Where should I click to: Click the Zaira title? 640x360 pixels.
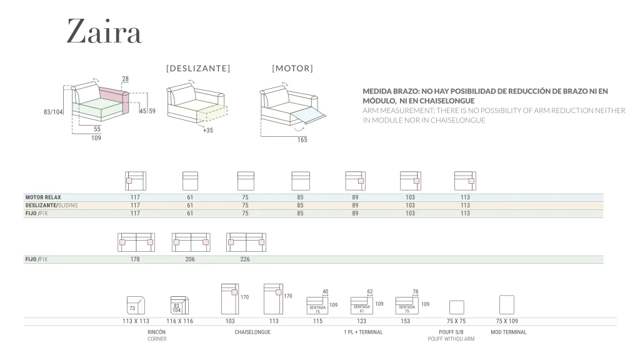pyautogui.click(x=104, y=31)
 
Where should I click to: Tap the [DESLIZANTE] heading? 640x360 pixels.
pyautogui.click(x=198, y=68)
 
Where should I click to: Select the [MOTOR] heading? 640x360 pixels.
pyautogui.click(x=292, y=68)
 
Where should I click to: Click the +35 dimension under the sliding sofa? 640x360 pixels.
pyautogui.click(x=208, y=131)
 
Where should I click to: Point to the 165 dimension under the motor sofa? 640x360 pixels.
pyautogui.click(x=302, y=139)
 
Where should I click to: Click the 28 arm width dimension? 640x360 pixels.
pyautogui.click(x=126, y=79)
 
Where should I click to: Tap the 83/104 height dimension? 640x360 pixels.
pyautogui.click(x=54, y=112)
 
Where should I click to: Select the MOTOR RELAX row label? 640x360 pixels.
pyautogui.click(x=43, y=197)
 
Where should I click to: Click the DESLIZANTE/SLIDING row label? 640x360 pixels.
pyautogui.click(x=51, y=205)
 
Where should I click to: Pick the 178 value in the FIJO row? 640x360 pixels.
pyautogui.click(x=135, y=259)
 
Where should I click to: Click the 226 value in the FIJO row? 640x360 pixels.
pyautogui.click(x=245, y=259)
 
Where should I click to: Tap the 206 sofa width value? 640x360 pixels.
pyautogui.click(x=190, y=259)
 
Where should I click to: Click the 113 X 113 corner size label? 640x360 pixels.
pyautogui.click(x=136, y=321)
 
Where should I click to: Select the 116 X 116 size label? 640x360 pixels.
pyautogui.click(x=179, y=321)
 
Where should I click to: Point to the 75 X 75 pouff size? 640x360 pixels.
pyautogui.click(x=456, y=321)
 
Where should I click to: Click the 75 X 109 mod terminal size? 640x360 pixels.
pyautogui.click(x=507, y=321)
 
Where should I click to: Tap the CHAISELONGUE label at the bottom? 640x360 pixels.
pyautogui.click(x=252, y=332)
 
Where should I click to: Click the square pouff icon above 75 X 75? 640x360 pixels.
pyautogui.click(x=457, y=307)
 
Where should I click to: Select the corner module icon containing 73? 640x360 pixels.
pyautogui.click(x=135, y=305)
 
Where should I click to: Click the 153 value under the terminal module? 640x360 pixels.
pyautogui.click(x=406, y=321)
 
